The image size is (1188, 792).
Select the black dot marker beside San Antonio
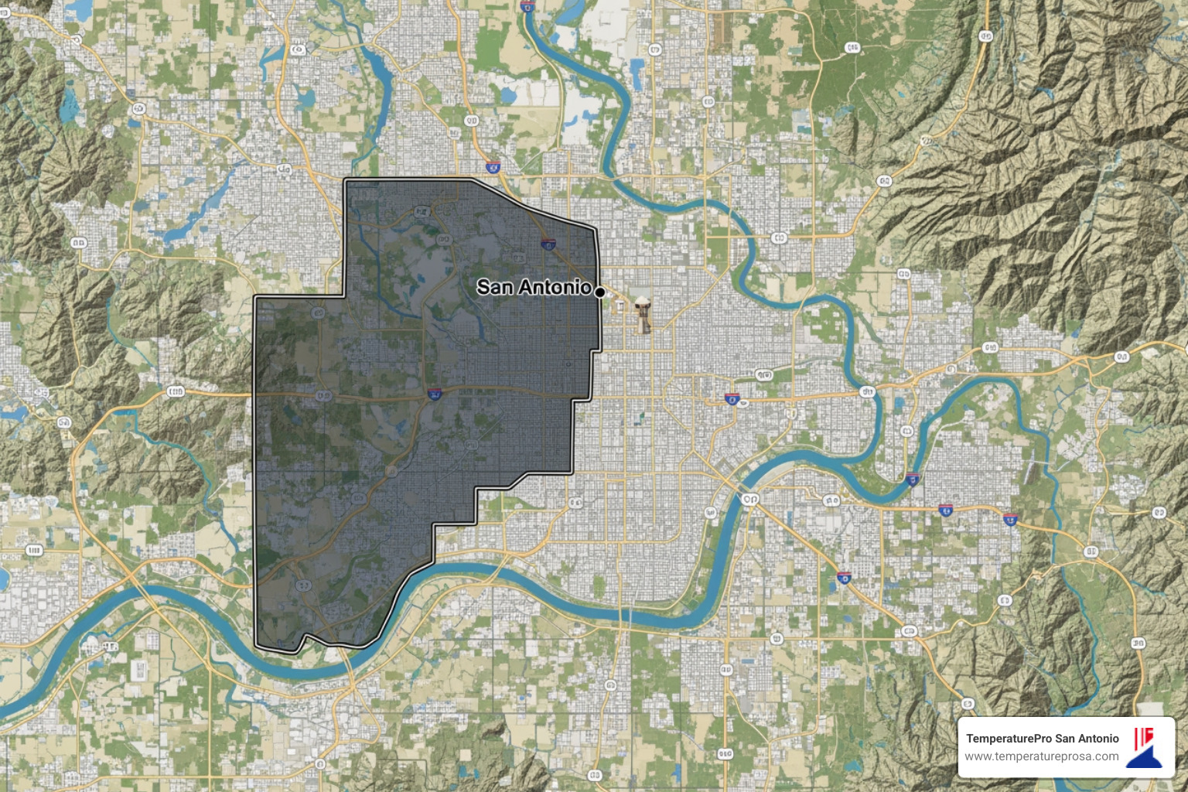[599, 292]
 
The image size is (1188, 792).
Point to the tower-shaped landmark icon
[642, 314]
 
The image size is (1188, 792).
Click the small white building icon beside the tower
[619, 306]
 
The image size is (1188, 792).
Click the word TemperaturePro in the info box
[1009, 739]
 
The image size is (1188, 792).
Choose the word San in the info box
[1064, 739]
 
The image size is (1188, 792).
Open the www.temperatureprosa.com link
[1041, 756]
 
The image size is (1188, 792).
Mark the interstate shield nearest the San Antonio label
[548, 244]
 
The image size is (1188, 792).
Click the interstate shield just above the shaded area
[492, 166]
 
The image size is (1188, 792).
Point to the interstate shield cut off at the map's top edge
[527, 5]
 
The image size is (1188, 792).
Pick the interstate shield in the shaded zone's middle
[435, 394]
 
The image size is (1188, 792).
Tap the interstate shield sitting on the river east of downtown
[913, 479]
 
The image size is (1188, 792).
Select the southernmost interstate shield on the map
[845, 577]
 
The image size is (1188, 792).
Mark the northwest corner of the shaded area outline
[345, 180]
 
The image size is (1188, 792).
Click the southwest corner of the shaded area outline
[256, 643]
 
